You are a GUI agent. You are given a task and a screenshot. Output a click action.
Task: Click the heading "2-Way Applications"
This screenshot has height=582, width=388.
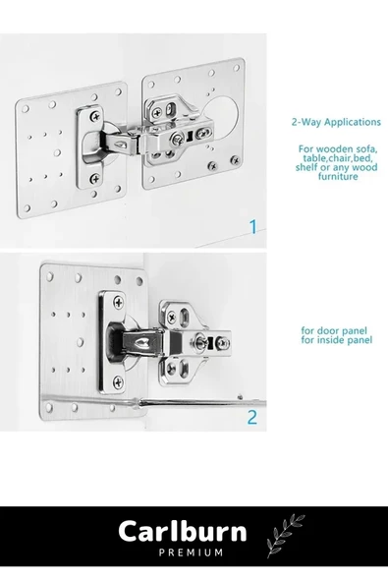[x=336, y=122]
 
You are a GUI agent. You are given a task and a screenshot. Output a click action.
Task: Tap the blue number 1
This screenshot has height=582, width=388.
[x=253, y=227]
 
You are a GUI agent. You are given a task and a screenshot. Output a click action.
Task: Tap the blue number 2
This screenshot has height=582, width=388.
[x=251, y=417]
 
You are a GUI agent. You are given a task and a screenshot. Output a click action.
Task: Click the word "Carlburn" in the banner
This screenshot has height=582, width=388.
[x=183, y=531]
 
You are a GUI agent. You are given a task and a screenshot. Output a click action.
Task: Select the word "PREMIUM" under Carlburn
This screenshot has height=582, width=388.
[x=191, y=553]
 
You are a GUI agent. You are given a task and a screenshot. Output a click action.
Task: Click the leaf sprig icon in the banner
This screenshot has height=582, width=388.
[x=285, y=535]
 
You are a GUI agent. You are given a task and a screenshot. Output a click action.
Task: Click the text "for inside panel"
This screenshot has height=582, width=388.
[x=337, y=340]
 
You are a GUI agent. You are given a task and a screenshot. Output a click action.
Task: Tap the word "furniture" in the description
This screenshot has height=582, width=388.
[x=338, y=176]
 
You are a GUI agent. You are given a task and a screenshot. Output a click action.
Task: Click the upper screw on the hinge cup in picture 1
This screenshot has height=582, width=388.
[x=95, y=116]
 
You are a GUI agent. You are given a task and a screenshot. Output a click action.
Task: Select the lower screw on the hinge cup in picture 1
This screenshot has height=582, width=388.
[x=95, y=179]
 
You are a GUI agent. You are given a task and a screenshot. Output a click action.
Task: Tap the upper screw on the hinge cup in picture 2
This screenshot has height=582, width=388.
[x=118, y=303]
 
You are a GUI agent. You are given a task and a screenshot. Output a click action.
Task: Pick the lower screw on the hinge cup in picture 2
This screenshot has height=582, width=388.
[x=118, y=381]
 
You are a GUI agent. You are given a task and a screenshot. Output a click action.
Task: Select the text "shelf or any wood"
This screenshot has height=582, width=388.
[x=337, y=167]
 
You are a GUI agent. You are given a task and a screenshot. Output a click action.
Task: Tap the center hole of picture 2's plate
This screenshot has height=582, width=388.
[x=81, y=341]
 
